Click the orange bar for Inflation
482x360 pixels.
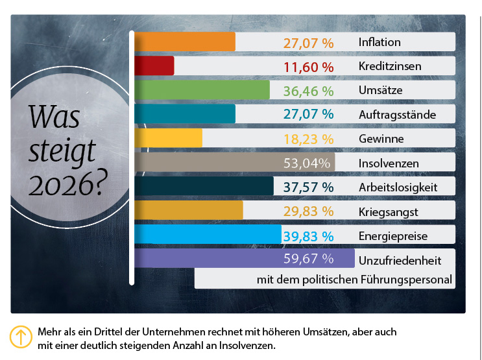(184, 42)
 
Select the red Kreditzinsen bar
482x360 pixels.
(154, 66)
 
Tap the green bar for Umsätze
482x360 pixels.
(201, 90)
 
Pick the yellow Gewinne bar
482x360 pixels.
(168, 138)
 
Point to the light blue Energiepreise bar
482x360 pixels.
(207, 234)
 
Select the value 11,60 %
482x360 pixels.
(309, 66)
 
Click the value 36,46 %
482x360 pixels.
(309, 90)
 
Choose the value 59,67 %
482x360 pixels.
(309, 259)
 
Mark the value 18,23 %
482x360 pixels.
(309, 138)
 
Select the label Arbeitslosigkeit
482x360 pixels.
(398, 187)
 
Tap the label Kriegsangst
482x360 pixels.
(387, 211)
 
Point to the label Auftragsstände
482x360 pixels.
(397, 115)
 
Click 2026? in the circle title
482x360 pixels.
(66, 185)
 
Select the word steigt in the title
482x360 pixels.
(62, 150)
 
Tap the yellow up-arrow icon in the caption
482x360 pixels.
(21, 337)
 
